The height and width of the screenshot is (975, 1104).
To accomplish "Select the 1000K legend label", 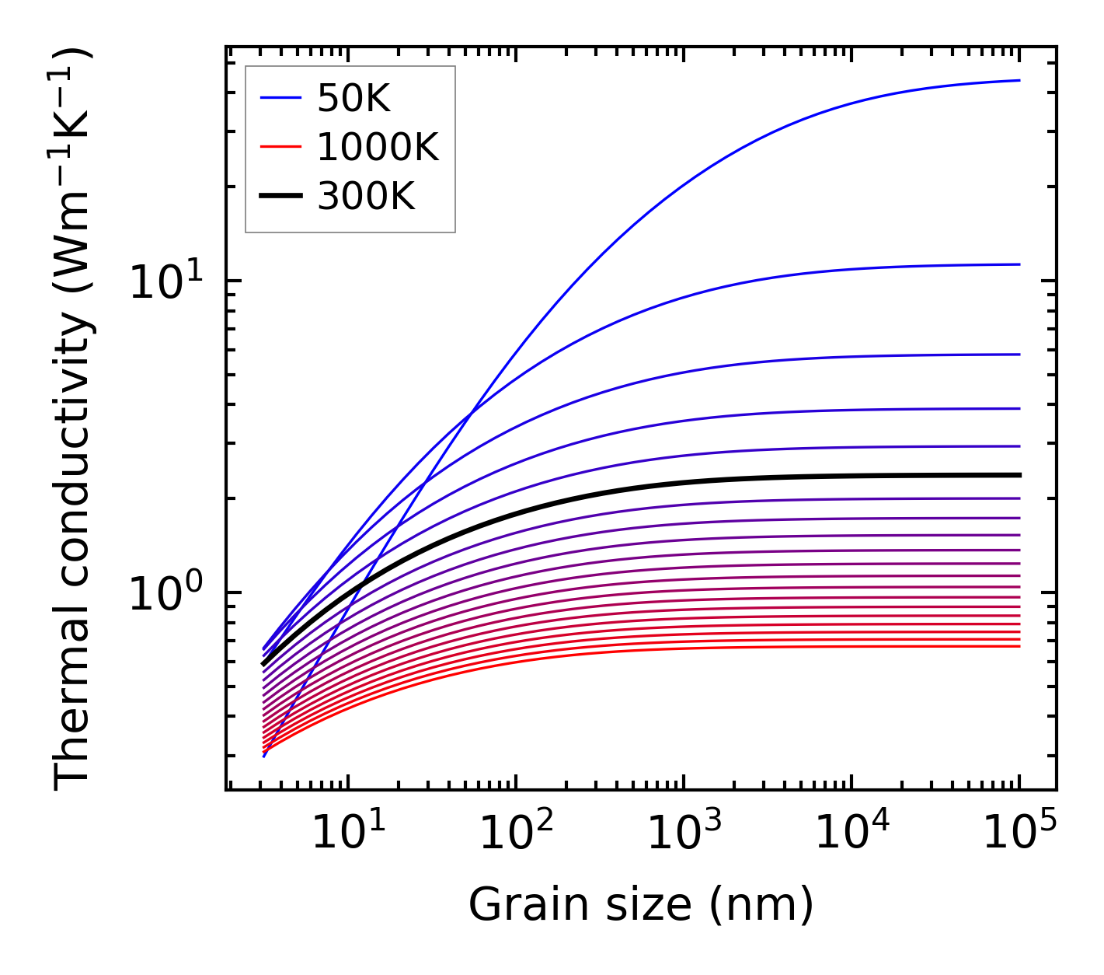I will pos(378,147).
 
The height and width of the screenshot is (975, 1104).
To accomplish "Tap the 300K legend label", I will pos(366,197).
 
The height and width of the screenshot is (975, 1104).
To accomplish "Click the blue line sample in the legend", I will pos(280,98).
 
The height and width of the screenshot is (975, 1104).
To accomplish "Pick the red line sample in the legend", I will pos(280,147).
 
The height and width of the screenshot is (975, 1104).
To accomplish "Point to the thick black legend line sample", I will pos(280,197).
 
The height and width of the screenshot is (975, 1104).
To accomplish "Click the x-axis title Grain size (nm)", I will pos(641,905).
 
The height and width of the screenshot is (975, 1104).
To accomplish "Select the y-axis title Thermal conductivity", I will pos(73,418).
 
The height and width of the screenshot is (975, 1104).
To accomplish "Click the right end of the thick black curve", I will pos(1019,474).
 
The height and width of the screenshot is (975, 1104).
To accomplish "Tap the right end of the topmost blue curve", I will pos(1019,80).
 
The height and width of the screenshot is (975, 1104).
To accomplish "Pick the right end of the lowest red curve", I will pos(1019,646).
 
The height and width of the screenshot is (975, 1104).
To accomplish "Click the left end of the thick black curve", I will pos(264,664).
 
